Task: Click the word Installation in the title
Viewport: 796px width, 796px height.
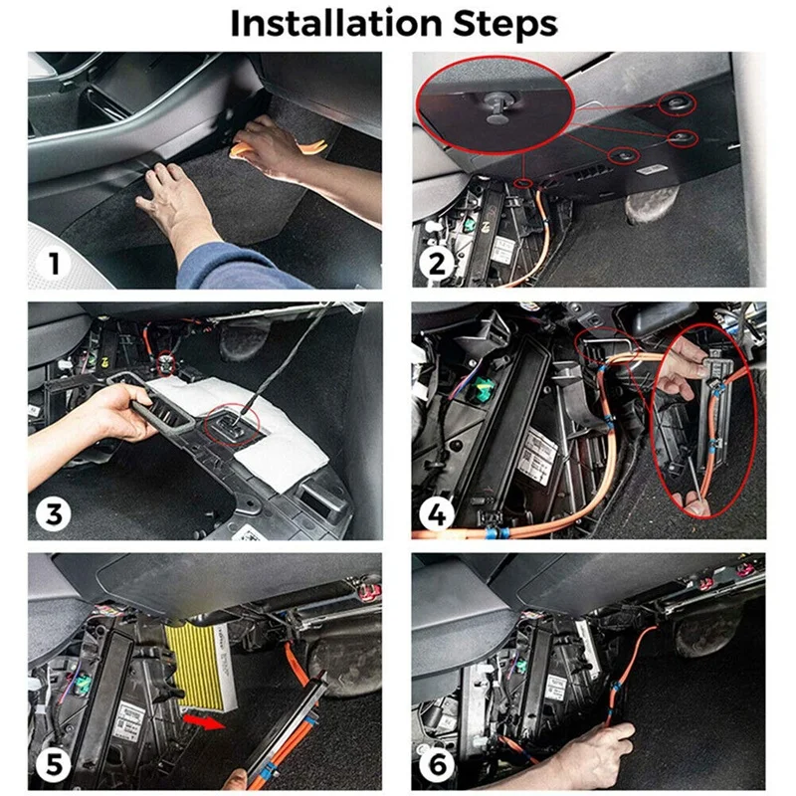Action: click(336, 23)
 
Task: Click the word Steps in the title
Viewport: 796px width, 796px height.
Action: click(504, 24)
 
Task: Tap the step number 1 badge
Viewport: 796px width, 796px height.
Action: click(54, 264)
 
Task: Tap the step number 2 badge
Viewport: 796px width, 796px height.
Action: click(437, 264)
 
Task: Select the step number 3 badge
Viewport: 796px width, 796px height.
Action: click(54, 514)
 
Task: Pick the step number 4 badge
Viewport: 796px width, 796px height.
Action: click(437, 514)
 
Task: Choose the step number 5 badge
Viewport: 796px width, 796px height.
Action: click(54, 765)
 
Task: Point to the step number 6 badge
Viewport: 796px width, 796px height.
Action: click(437, 765)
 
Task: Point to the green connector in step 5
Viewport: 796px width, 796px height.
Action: click(82, 685)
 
